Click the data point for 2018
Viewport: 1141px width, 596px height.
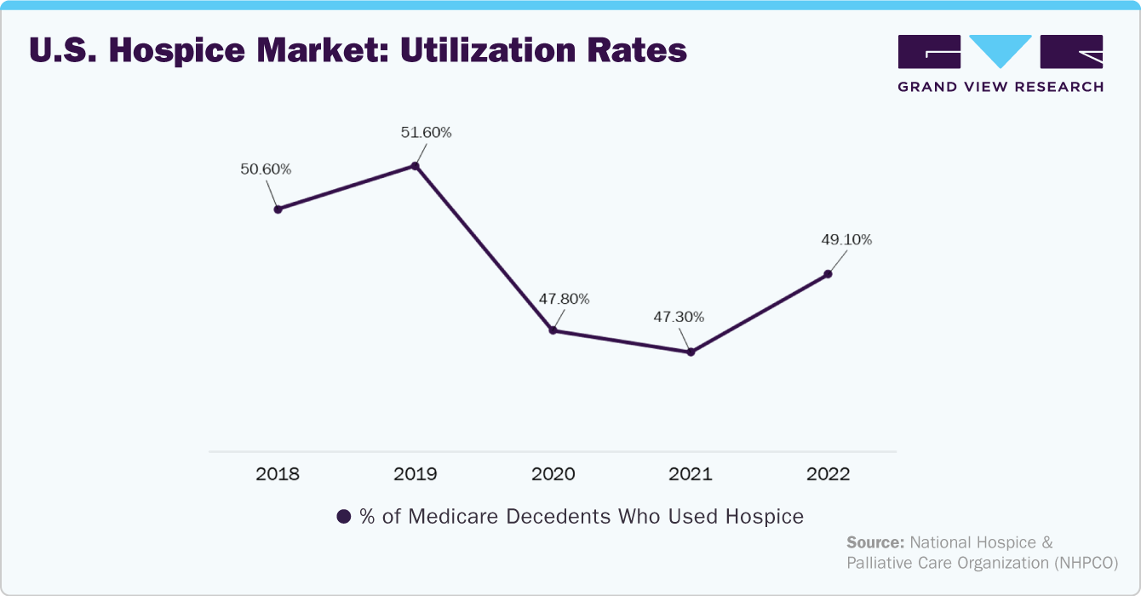pos(278,209)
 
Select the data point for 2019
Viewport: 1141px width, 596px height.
pos(416,166)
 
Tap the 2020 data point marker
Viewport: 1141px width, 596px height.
pos(553,330)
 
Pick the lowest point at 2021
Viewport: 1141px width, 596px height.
pos(691,352)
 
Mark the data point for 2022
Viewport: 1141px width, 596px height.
pos(828,274)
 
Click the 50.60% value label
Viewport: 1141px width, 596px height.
pos(266,169)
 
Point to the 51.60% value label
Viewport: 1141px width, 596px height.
pos(426,132)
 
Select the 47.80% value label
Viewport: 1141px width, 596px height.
pos(564,299)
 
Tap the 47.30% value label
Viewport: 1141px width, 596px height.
pos(679,317)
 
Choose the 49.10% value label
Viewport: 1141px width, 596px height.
pos(846,239)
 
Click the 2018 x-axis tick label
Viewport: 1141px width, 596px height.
pos(278,474)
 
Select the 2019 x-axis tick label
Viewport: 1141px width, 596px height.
pos(416,474)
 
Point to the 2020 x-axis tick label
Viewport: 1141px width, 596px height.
pos(553,474)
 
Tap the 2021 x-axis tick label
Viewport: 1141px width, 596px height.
pos(691,474)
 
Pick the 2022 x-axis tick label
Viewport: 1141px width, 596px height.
pos(828,474)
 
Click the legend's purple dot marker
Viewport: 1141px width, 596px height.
pos(344,517)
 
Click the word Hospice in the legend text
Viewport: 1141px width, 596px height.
pos(765,517)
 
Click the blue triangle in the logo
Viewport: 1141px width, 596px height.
pos(1001,50)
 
